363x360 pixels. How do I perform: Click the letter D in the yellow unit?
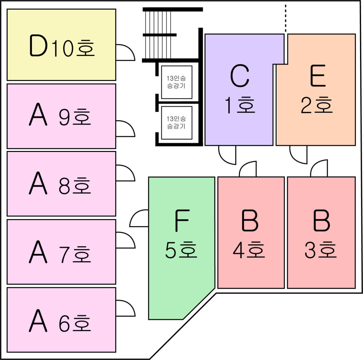coord(38,45)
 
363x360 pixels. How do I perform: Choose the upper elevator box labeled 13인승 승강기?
coord(177,82)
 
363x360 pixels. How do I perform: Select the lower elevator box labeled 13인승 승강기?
coord(177,123)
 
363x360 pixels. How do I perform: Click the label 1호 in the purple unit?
coord(240,105)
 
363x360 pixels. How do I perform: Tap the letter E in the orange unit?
coord(318,76)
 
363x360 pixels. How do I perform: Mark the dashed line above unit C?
coord(286,18)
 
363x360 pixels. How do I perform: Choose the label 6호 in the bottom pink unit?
coord(75,323)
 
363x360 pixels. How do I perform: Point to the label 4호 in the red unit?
coord(249,250)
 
